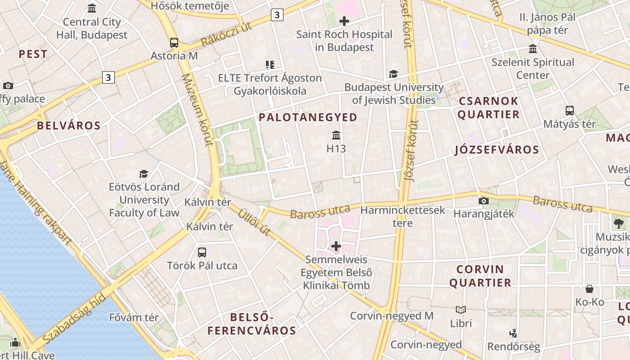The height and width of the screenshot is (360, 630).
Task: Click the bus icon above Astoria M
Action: (174, 43)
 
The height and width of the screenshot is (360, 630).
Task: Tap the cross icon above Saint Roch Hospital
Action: (344, 21)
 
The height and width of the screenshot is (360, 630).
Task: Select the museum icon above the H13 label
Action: (336, 135)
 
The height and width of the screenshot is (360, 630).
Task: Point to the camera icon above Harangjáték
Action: (484, 201)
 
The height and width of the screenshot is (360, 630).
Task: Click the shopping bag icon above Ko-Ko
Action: (589, 289)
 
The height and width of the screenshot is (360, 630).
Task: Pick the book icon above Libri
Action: (461, 310)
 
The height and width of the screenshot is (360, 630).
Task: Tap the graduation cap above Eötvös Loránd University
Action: (144, 174)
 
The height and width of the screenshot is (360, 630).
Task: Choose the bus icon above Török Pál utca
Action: (202, 252)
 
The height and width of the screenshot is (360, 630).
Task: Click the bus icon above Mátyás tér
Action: (570, 111)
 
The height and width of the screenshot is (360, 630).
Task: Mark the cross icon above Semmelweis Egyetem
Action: (336, 246)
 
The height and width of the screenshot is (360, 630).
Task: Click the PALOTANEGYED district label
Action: (308, 117)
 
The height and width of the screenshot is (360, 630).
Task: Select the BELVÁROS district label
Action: (69, 126)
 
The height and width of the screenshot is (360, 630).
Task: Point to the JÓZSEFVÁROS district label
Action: (497, 150)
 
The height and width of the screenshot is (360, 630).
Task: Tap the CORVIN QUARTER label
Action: (480, 276)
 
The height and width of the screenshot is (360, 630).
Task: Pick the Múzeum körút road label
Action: (197, 110)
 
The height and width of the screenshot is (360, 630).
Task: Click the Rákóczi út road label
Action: (226, 34)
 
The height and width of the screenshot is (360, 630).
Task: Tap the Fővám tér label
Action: (134, 317)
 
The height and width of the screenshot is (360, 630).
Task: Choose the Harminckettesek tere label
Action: (403, 216)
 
